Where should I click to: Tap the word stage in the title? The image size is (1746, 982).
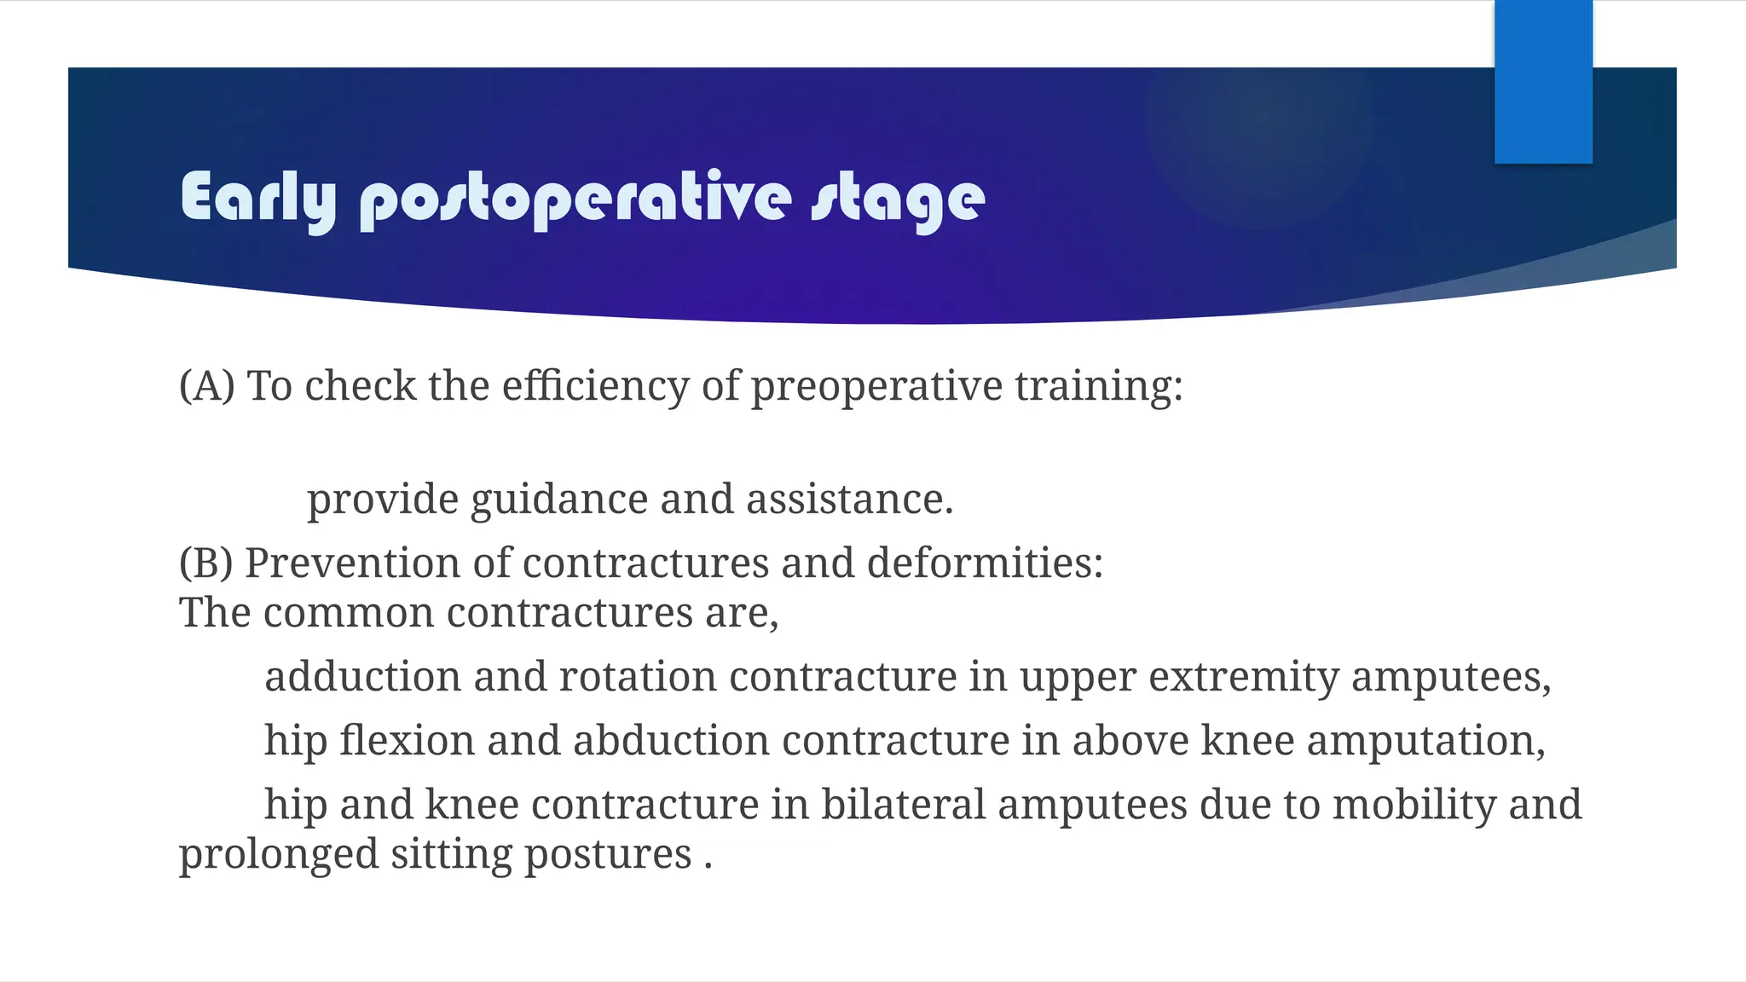pos(898,199)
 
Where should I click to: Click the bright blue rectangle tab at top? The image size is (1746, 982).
pos(1543,81)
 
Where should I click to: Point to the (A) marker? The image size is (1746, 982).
pos(206,386)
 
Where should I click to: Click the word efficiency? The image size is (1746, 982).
pos(595,386)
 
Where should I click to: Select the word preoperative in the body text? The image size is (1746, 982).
pos(876,386)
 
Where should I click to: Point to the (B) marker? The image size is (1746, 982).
pos(205,563)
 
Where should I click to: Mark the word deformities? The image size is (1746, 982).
pos(985,563)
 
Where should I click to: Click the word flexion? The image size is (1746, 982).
pos(407,740)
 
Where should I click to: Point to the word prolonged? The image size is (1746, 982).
pos(278,854)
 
